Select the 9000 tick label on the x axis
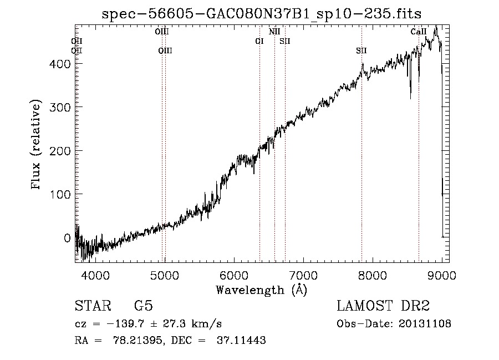(x=442, y=275)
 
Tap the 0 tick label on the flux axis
(x=67, y=238)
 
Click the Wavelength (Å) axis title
(x=261, y=290)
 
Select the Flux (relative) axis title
(x=37, y=145)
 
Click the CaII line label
(x=419, y=32)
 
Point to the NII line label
(x=274, y=32)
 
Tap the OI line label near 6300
(x=259, y=41)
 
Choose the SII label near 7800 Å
(x=361, y=50)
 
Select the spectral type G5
(x=143, y=306)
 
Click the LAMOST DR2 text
(x=383, y=306)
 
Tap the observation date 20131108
(x=427, y=324)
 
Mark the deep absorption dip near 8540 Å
(x=410, y=97)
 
